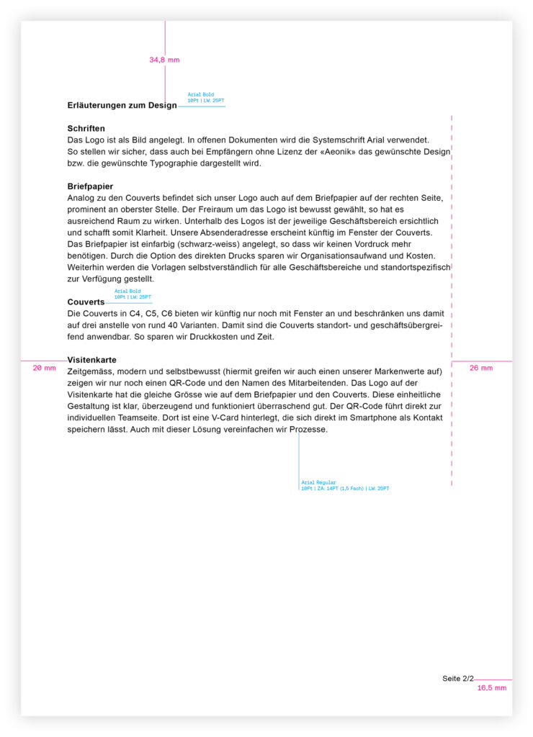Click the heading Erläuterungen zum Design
point(122,106)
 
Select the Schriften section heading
point(86,128)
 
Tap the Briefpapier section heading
point(90,186)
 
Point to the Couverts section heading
point(86,302)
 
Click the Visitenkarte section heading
point(91,359)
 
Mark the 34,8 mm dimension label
point(164,60)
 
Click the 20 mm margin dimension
point(44,368)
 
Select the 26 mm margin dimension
point(481,368)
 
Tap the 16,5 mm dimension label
point(492,688)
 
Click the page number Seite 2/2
point(458,679)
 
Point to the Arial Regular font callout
point(345,485)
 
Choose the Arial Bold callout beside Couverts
point(133,294)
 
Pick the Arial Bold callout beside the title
point(205,97)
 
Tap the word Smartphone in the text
point(331,417)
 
